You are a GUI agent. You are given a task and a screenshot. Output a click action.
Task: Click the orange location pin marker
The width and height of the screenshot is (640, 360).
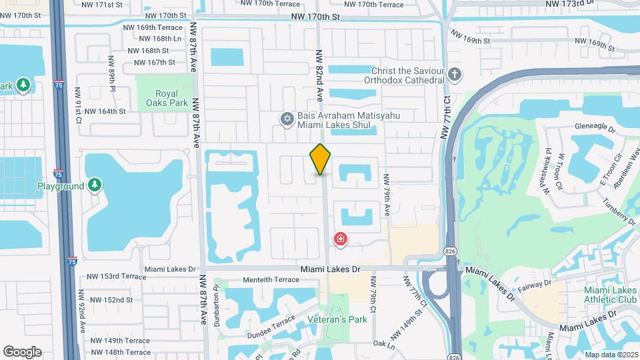coord(320,159)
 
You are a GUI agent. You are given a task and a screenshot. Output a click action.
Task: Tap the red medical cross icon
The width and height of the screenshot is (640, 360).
coord(341,239)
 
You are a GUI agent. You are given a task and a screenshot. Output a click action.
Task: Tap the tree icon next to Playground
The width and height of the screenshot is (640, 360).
coord(95,185)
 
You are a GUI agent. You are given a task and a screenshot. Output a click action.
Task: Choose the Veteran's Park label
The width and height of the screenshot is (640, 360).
coord(337,319)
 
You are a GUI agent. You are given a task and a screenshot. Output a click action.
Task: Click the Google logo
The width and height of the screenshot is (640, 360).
coord(22,351)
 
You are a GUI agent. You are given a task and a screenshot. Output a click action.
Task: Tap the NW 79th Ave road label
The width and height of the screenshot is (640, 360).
coord(386,195)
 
